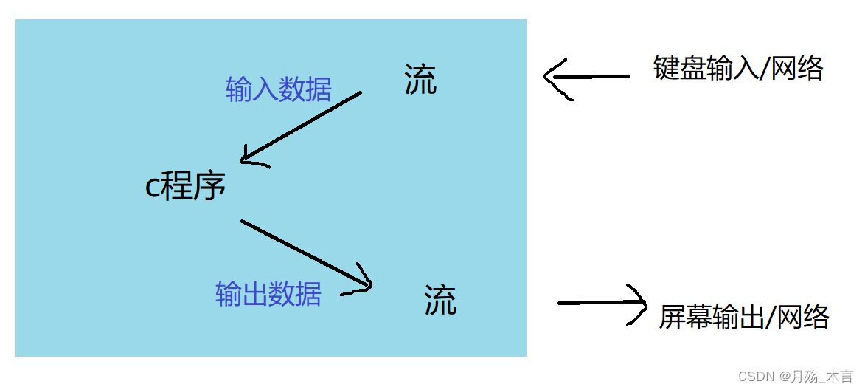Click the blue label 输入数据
[x=279, y=90]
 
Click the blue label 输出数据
[x=268, y=294]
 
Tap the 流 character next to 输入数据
[x=420, y=80]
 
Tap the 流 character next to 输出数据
[x=440, y=301]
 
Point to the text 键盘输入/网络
[x=738, y=68]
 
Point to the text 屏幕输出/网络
[x=743, y=317]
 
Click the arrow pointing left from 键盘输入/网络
[x=586, y=76]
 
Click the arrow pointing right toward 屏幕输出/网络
[x=601, y=303]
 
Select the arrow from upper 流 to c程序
[x=302, y=126]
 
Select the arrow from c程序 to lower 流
[x=306, y=253]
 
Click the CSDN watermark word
[x=754, y=376]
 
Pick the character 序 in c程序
[x=210, y=188]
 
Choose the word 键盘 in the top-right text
[x=679, y=68]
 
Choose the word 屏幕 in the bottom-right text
[x=685, y=317]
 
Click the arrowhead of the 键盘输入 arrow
[x=553, y=77]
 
